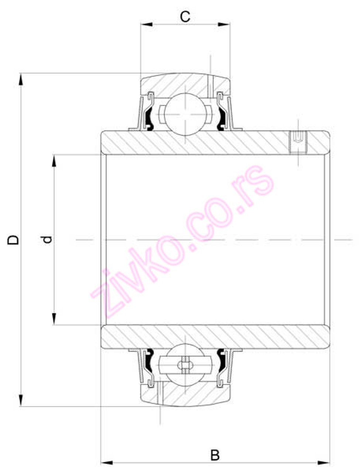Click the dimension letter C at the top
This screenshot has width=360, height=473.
click(185, 17)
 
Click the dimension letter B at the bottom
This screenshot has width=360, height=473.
click(215, 455)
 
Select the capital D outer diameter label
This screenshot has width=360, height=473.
click(14, 239)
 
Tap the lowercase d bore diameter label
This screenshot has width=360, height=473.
click(47, 239)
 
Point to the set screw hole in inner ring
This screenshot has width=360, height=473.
click(298, 142)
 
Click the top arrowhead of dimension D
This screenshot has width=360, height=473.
click(21, 79)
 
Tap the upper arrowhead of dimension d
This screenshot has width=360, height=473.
click(54, 161)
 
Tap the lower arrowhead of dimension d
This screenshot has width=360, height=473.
click(54, 319)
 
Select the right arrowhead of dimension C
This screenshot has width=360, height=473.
click(224, 24)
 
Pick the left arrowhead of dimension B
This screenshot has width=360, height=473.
click(107, 462)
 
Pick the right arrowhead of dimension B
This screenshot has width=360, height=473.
click(323, 462)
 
